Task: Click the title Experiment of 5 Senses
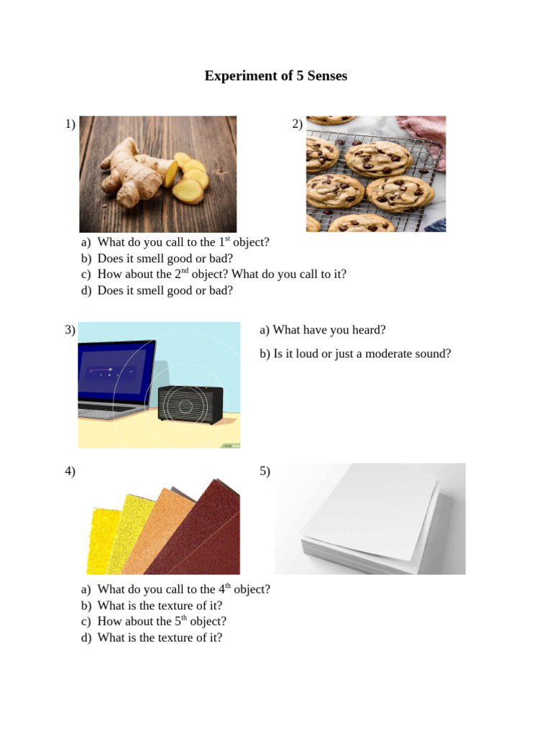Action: [x=275, y=75]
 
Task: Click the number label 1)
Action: [x=70, y=124]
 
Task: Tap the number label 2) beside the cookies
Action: [x=298, y=124]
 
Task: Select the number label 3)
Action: [x=70, y=330]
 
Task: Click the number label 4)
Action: [x=70, y=471]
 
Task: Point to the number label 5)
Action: [x=265, y=471]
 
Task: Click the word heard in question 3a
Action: [x=371, y=330]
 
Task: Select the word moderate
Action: [x=392, y=354]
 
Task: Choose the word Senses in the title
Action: [x=326, y=75]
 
